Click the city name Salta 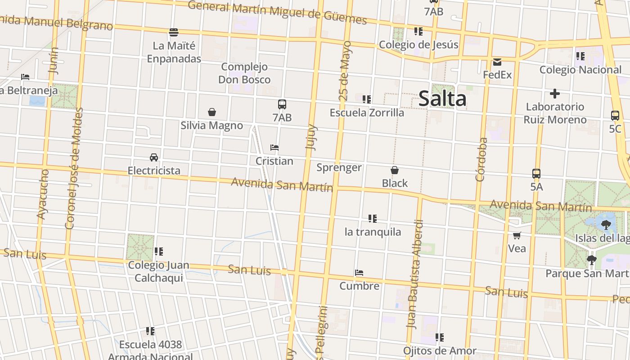[x=442, y=99]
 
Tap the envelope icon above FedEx [x=497, y=62]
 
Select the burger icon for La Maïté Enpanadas [x=174, y=32]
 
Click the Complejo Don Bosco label [x=244, y=73]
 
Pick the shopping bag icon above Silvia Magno [x=211, y=112]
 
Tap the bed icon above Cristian [x=274, y=148]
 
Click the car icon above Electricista [x=154, y=157]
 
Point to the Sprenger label [x=339, y=168]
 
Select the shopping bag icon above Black [x=395, y=170]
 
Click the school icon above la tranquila [x=372, y=219]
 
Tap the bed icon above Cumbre [x=359, y=273]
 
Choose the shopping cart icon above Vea [x=517, y=235]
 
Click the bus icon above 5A [x=536, y=173]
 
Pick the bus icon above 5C [x=615, y=115]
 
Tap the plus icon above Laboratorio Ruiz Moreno [x=555, y=94]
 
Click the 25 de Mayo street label [x=345, y=71]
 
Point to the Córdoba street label [x=481, y=159]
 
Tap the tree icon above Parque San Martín [x=591, y=260]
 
